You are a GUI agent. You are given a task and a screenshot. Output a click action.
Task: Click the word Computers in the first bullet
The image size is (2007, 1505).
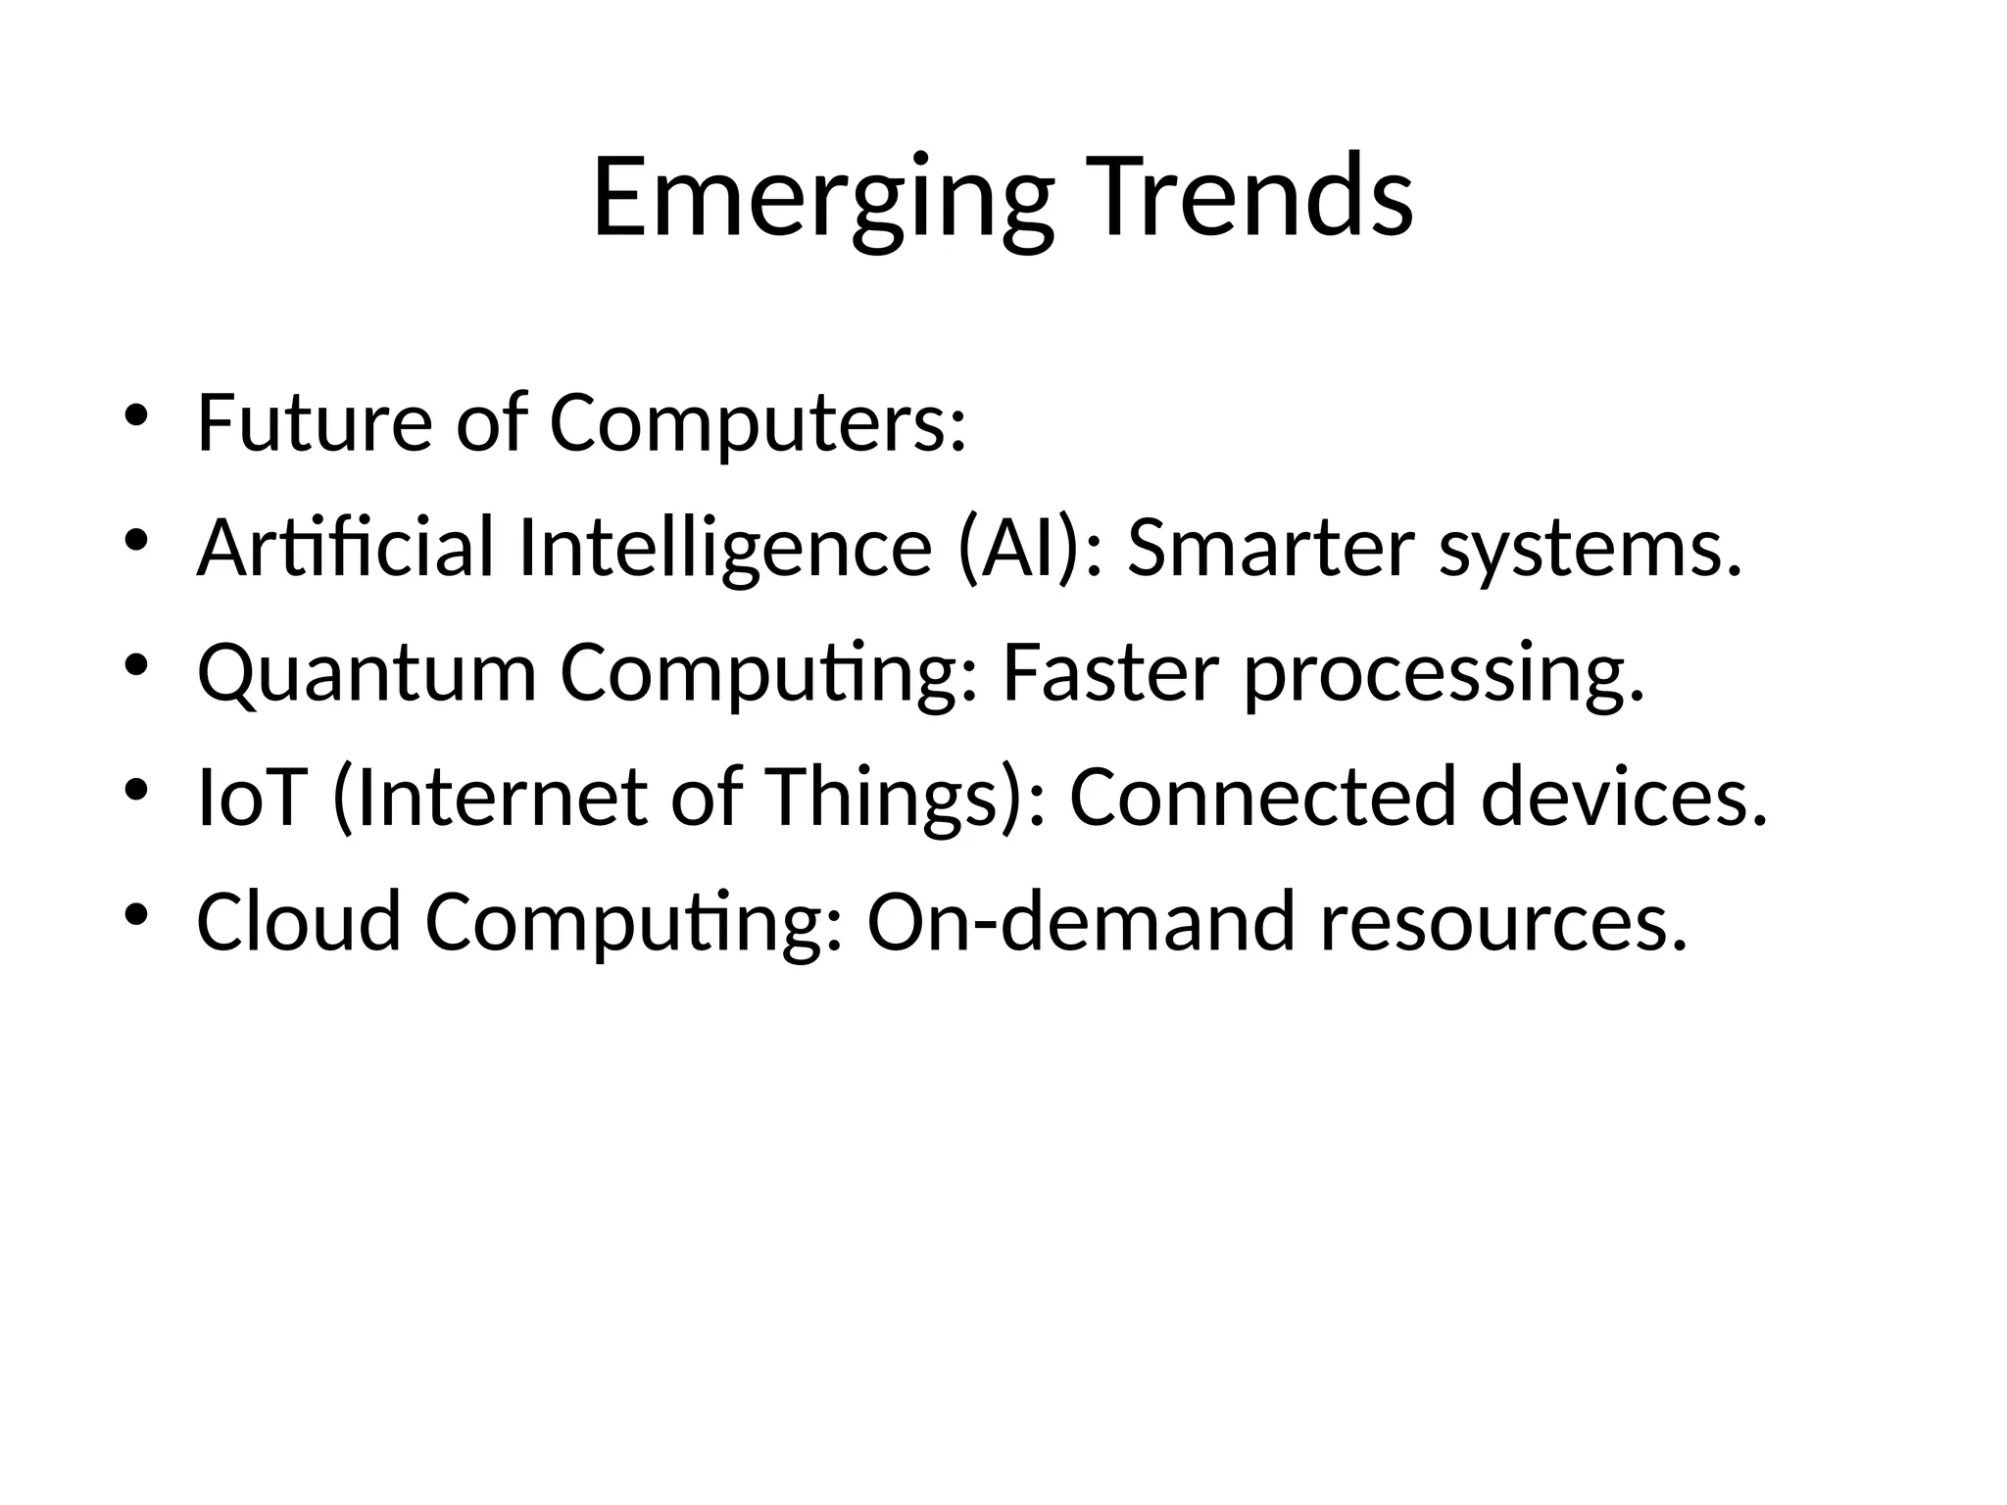coord(757,423)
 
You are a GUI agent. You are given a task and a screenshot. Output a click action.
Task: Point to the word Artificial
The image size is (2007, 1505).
coord(345,549)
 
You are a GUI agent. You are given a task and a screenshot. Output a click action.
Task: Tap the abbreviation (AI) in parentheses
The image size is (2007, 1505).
coord(1028,549)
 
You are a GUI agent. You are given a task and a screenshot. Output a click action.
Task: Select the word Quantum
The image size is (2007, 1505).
coord(367,674)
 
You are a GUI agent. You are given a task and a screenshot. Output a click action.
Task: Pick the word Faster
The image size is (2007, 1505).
coord(1110,673)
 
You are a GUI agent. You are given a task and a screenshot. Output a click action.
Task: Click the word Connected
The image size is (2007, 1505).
coord(1262,798)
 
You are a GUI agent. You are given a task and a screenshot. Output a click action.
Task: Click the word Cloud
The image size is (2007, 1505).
coord(299,922)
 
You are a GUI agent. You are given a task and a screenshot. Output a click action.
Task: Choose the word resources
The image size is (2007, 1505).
coord(1503,924)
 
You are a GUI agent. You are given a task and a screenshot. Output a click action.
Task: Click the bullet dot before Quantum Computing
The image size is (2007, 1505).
coord(135,666)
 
